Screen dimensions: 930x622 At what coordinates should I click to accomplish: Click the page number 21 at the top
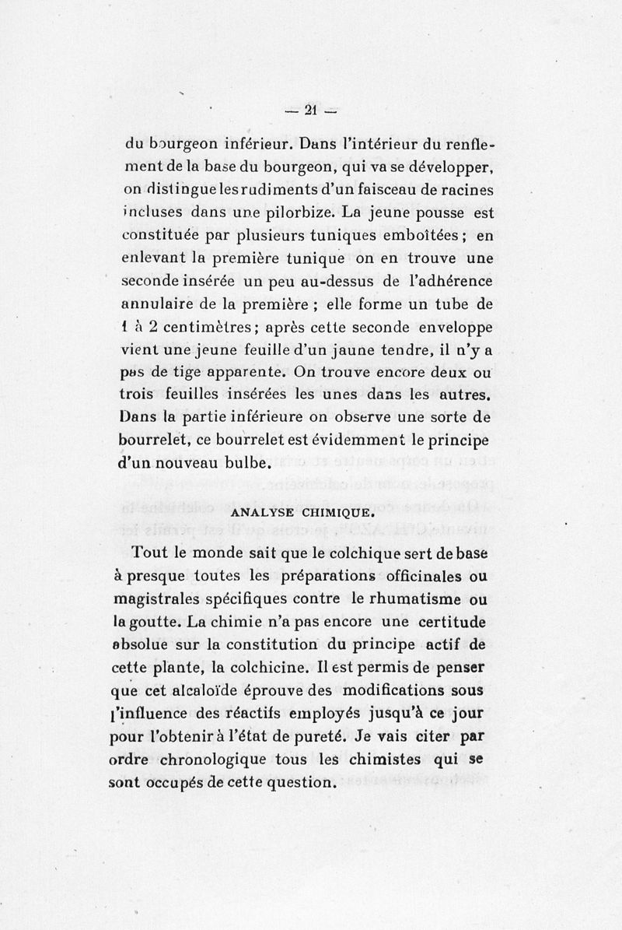pyautogui.click(x=309, y=111)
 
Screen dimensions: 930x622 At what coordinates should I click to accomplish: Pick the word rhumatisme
pyautogui.click(x=419, y=599)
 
